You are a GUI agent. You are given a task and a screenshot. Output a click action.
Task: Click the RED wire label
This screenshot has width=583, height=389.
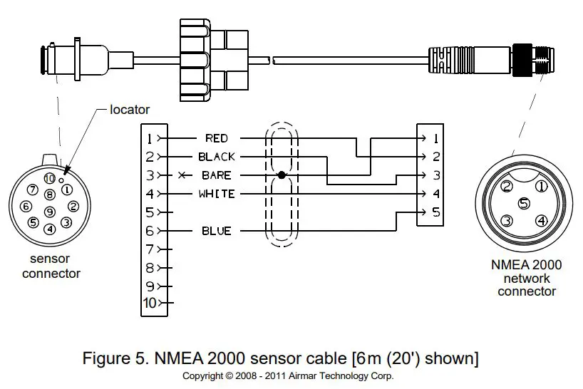(x=217, y=138)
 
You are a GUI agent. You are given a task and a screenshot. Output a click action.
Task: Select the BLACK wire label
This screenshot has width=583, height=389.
(x=217, y=157)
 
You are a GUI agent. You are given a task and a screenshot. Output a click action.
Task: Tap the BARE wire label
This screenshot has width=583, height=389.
(x=217, y=175)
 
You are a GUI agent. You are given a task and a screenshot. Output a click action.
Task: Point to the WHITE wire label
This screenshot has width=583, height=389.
(x=217, y=194)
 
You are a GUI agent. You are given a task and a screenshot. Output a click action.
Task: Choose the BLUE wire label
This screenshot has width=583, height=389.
(x=217, y=231)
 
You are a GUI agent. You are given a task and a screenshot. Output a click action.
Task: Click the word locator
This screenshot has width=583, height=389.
(x=130, y=110)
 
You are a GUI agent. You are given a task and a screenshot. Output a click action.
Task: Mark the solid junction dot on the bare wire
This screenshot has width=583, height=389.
(x=282, y=175)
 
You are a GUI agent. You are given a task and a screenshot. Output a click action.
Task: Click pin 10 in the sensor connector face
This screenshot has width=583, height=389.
(x=49, y=179)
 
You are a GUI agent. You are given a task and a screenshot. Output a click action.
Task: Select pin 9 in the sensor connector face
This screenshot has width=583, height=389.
(x=50, y=212)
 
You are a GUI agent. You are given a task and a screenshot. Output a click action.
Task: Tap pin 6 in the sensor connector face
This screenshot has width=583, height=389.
(x=26, y=206)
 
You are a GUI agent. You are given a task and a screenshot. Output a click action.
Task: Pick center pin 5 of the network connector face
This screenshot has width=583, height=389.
(x=524, y=203)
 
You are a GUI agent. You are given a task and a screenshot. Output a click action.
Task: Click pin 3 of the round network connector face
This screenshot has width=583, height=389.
(x=507, y=221)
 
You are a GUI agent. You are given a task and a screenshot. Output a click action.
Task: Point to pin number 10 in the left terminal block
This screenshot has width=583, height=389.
(x=150, y=304)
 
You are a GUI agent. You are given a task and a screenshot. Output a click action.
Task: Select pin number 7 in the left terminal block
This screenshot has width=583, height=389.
(x=150, y=249)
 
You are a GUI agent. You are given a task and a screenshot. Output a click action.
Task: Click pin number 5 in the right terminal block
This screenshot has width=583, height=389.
(x=436, y=212)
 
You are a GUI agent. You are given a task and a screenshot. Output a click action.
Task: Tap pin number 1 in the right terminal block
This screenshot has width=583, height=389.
(x=435, y=139)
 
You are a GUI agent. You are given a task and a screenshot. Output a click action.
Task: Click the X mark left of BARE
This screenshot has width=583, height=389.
(x=182, y=175)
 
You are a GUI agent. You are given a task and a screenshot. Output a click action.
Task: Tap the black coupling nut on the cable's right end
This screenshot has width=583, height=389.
(x=522, y=60)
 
